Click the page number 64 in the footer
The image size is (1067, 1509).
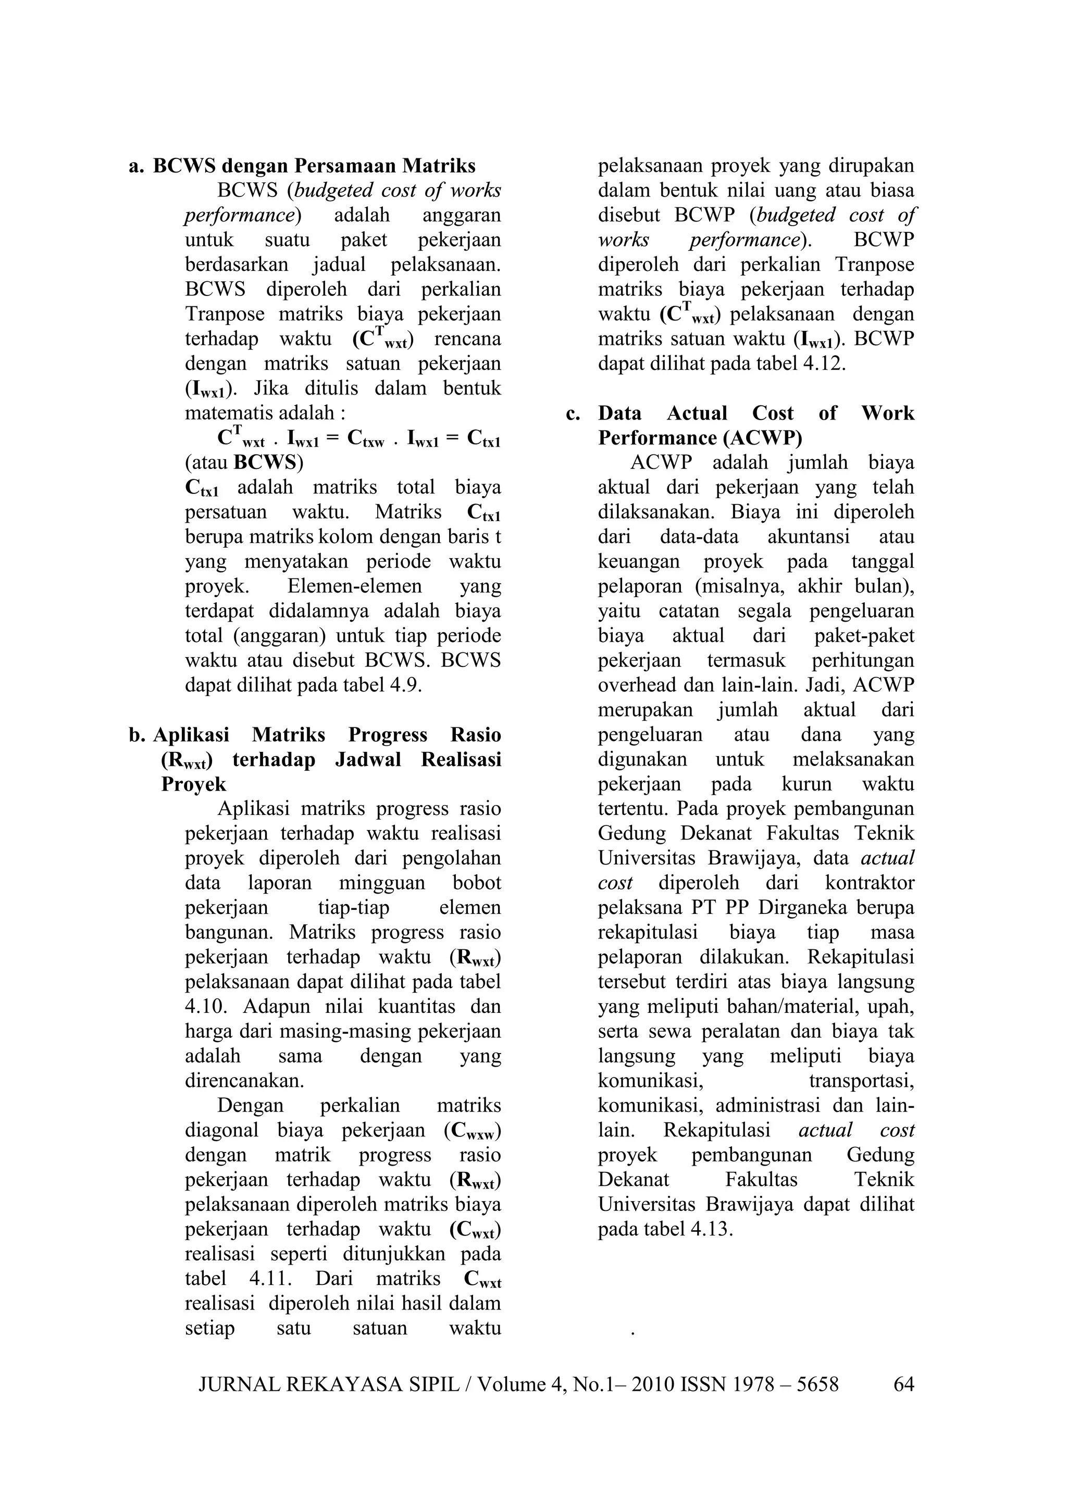tap(903, 1385)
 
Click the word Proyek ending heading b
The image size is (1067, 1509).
tap(194, 785)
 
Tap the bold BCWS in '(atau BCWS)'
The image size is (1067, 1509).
tap(264, 463)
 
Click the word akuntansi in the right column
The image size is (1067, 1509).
tap(808, 537)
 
